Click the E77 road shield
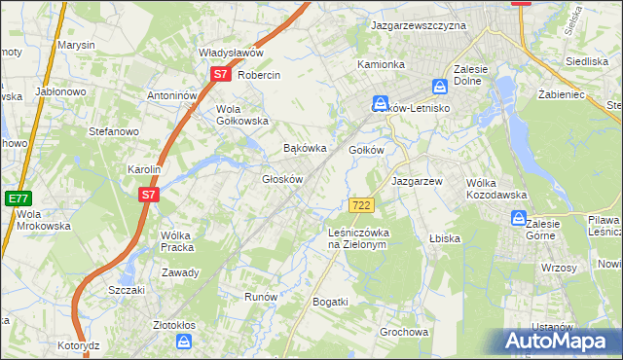pyautogui.click(x=18, y=198)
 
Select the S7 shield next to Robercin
pyautogui.click(x=220, y=74)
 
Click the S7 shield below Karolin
pyautogui.click(x=148, y=195)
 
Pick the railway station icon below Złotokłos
pyautogui.click(x=184, y=342)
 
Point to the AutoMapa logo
pyautogui.click(x=560, y=342)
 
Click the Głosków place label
pyautogui.click(x=284, y=179)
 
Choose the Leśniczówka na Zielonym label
pyautogui.click(x=358, y=238)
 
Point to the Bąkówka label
pyautogui.click(x=303, y=149)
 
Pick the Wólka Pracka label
pyautogui.click(x=181, y=241)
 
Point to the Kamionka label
pyautogui.click(x=381, y=64)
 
